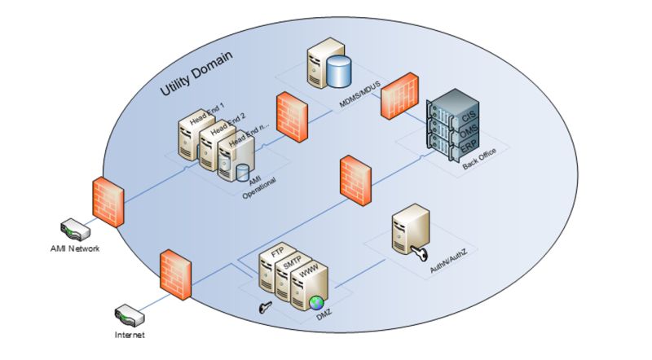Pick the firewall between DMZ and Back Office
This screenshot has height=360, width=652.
pos(355,179)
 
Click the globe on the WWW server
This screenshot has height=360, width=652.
pos(316,304)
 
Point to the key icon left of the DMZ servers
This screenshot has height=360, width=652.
pos(265,308)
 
